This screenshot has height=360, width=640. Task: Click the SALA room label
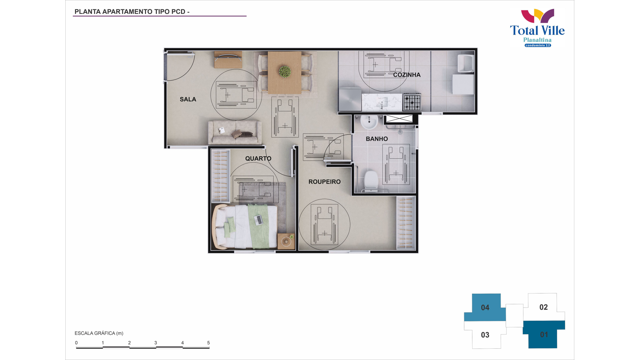[188, 99]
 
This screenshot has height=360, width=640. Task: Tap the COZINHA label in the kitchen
[407, 75]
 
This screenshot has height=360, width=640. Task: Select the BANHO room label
[377, 139]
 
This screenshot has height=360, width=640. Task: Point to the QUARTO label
[258, 159]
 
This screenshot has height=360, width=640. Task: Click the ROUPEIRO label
[325, 182]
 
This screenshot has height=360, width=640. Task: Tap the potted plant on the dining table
[285, 71]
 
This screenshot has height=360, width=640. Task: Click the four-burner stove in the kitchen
[412, 102]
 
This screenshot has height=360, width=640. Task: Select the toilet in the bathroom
[371, 180]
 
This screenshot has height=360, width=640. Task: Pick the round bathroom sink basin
[369, 122]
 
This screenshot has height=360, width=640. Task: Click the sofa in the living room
[235, 132]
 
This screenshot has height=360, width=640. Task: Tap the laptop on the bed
[258, 220]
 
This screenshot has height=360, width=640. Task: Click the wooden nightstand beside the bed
[286, 241]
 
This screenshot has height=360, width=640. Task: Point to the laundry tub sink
[466, 63]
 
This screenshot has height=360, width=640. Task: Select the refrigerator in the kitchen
[350, 99]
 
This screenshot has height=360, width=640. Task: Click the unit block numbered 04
[485, 308]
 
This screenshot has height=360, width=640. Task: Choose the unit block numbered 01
[544, 335]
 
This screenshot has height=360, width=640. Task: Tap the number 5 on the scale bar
[209, 343]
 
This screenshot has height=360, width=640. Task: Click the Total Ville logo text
[537, 30]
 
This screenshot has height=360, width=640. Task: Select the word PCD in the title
[178, 12]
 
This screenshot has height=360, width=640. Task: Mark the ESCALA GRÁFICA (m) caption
[99, 333]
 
